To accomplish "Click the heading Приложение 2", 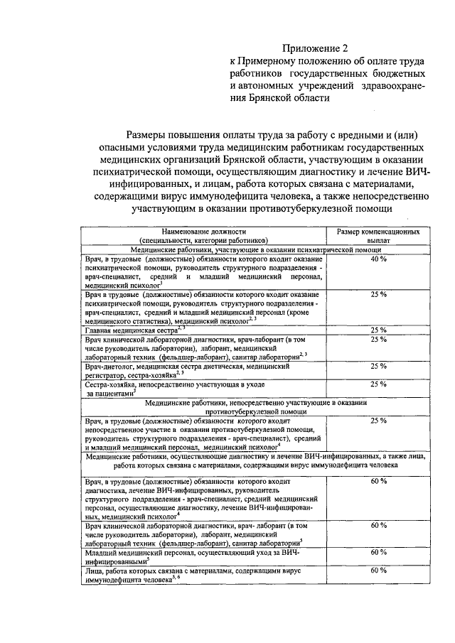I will point(316,48).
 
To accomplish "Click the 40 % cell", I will point(378,259).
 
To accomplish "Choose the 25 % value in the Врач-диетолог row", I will point(378,366).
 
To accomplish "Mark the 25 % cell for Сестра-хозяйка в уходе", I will point(378,384).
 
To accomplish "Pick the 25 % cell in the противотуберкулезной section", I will point(378,421).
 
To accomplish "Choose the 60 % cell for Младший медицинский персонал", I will point(378,552).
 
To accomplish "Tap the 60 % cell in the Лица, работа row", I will point(378,571).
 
